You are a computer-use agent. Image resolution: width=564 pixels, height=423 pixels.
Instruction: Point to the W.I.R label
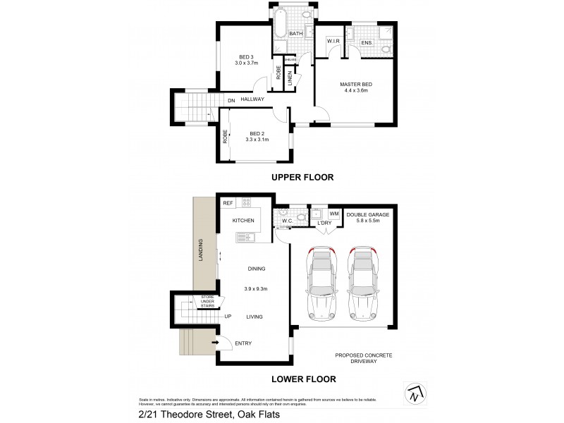point(333,42)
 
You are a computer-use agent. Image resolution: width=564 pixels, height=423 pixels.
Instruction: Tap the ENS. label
point(366,43)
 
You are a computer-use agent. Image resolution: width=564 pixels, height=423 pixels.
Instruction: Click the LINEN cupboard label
point(290,80)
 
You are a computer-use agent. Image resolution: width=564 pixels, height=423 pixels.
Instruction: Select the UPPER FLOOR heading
point(302,177)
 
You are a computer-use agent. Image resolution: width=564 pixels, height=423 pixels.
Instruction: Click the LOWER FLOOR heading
point(303,379)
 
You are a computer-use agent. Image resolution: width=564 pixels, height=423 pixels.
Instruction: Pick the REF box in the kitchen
point(228,203)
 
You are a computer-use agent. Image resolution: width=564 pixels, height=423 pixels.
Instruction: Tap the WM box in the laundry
point(334,213)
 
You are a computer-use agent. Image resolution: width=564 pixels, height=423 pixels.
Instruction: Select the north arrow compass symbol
point(417,394)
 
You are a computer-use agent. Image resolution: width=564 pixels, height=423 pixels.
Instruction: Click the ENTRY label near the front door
point(243,343)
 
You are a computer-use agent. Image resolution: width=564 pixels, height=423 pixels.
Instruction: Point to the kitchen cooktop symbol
point(247,203)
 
